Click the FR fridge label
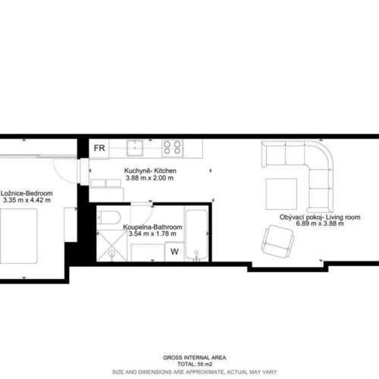pos(99,148)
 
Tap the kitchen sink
pos(135,148)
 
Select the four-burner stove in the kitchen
pos(172,148)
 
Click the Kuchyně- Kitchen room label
pos(150,171)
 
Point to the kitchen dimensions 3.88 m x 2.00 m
pos(149,178)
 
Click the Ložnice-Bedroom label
pos(27,193)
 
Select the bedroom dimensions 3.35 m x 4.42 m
pos(27,200)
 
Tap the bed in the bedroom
pos(18,236)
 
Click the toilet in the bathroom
pos(109,218)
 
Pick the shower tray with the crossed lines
pos(112,246)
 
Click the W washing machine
pos(174,252)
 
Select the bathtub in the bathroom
pos(196,236)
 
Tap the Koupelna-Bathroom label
pos(152,227)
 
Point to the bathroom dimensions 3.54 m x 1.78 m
pos(152,233)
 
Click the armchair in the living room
pos(277,242)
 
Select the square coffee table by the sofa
pos(281,194)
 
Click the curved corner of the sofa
pos(319,155)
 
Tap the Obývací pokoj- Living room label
pos(320,217)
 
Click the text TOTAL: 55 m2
pos(195,364)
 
